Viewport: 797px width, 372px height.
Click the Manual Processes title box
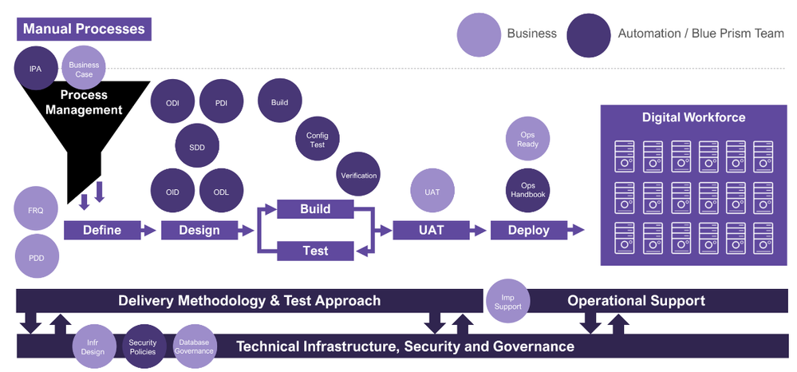[84, 30]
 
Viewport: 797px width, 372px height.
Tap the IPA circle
[36, 69]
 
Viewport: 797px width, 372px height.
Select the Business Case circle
[84, 69]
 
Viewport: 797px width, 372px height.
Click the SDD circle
[197, 147]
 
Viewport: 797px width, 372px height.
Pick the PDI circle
[221, 103]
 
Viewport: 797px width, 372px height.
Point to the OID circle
[173, 192]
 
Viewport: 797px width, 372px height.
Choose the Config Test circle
[317, 140]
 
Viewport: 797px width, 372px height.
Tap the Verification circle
[358, 176]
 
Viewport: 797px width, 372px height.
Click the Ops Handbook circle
[527, 191]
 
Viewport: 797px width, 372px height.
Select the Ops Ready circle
[527, 140]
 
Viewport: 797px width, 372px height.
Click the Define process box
[102, 230]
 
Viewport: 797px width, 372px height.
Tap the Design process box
[199, 230]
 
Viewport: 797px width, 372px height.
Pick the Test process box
[315, 251]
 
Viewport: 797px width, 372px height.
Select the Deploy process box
[529, 230]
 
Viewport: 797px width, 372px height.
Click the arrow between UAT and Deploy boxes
[477, 230]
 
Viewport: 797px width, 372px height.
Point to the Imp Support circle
[508, 302]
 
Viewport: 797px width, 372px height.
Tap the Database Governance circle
[194, 346]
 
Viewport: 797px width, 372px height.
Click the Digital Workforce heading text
[693, 118]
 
